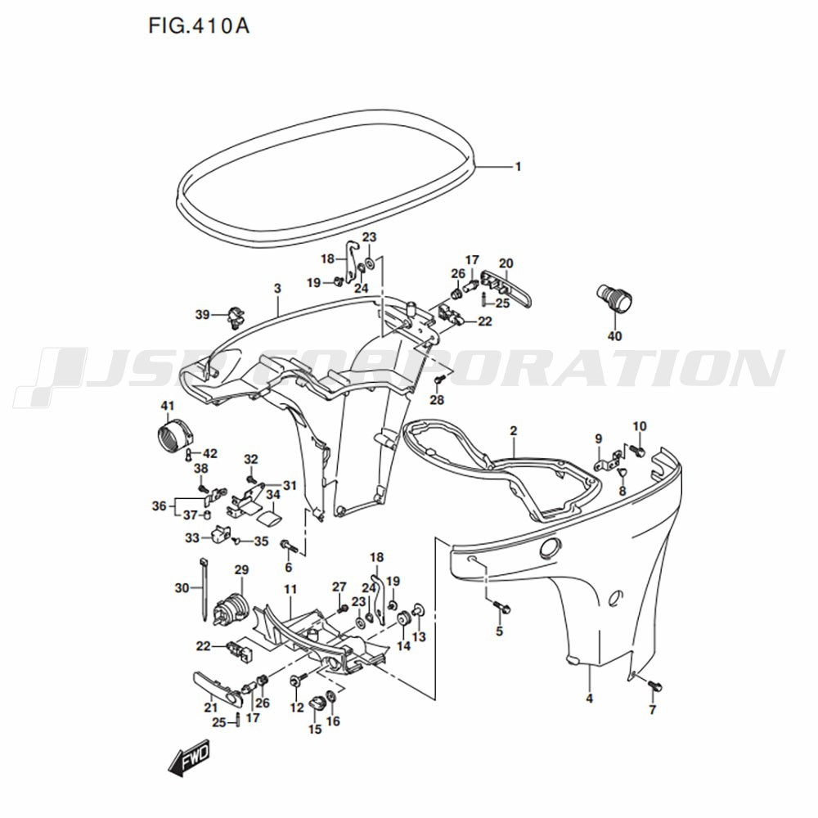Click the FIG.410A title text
[199, 25]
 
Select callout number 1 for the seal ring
[518, 167]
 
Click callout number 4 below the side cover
[590, 698]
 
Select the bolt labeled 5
[502, 607]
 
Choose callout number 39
[202, 315]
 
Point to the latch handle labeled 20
[506, 289]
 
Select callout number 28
[437, 400]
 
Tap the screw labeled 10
[637, 450]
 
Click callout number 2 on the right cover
[514, 431]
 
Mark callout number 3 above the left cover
[277, 288]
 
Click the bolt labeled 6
[290, 546]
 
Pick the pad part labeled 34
[269, 519]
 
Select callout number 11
[290, 589]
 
